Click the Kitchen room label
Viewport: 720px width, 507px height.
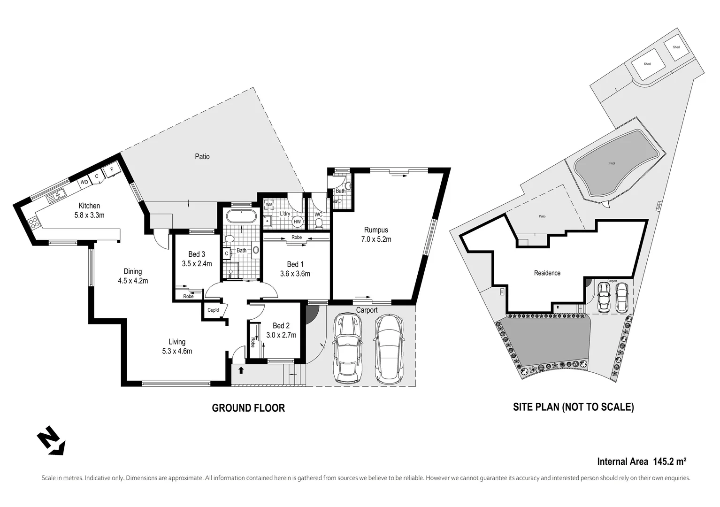pos(89,206)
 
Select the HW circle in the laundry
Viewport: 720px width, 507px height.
pos(297,222)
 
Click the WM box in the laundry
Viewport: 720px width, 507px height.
pos(269,205)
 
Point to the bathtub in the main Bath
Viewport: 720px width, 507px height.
pos(241,217)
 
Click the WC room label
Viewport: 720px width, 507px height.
pos(318,215)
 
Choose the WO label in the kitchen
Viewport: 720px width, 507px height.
pos(84,182)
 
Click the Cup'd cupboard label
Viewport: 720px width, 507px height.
pos(214,310)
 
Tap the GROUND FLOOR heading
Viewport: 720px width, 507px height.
pos(248,408)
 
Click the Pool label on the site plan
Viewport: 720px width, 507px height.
pos(612,163)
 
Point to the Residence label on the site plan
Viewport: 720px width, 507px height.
pos(547,273)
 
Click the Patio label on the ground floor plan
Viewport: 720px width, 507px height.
pos(202,156)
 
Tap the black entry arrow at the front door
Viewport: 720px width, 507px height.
pos(241,370)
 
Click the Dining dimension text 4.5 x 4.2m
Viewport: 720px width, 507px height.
pos(133,281)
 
